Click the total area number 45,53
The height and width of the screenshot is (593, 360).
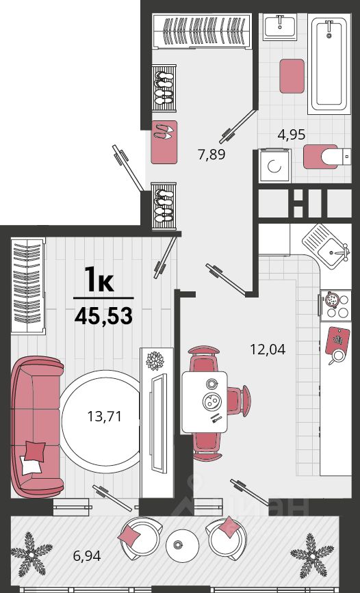[x=103, y=316]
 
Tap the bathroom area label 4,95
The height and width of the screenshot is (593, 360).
[x=291, y=134]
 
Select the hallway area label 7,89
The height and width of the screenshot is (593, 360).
[x=211, y=155]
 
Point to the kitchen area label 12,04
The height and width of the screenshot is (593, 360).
[x=268, y=349]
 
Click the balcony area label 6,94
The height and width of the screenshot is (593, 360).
[x=87, y=555]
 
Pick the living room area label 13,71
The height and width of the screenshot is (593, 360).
[x=105, y=417]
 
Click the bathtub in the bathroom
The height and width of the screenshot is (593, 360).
[x=329, y=64]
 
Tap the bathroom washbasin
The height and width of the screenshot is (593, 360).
[x=280, y=27]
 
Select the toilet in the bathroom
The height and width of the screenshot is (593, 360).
[x=327, y=156]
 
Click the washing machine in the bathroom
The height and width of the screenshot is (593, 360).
[x=275, y=166]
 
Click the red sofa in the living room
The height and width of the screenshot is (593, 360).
[x=36, y=426]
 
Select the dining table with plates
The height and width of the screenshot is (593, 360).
[x=205, y=401]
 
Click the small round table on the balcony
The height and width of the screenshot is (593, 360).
[x=182, y=545]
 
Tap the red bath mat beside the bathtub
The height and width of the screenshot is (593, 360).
[x=292, y=76]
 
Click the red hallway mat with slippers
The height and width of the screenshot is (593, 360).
[x=164, y=142]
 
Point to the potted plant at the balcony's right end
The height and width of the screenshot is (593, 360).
[x=312, y=555]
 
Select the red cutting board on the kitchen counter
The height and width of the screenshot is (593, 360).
[x=337, y=341]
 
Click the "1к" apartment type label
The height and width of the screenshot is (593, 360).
[x=99, y=279]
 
